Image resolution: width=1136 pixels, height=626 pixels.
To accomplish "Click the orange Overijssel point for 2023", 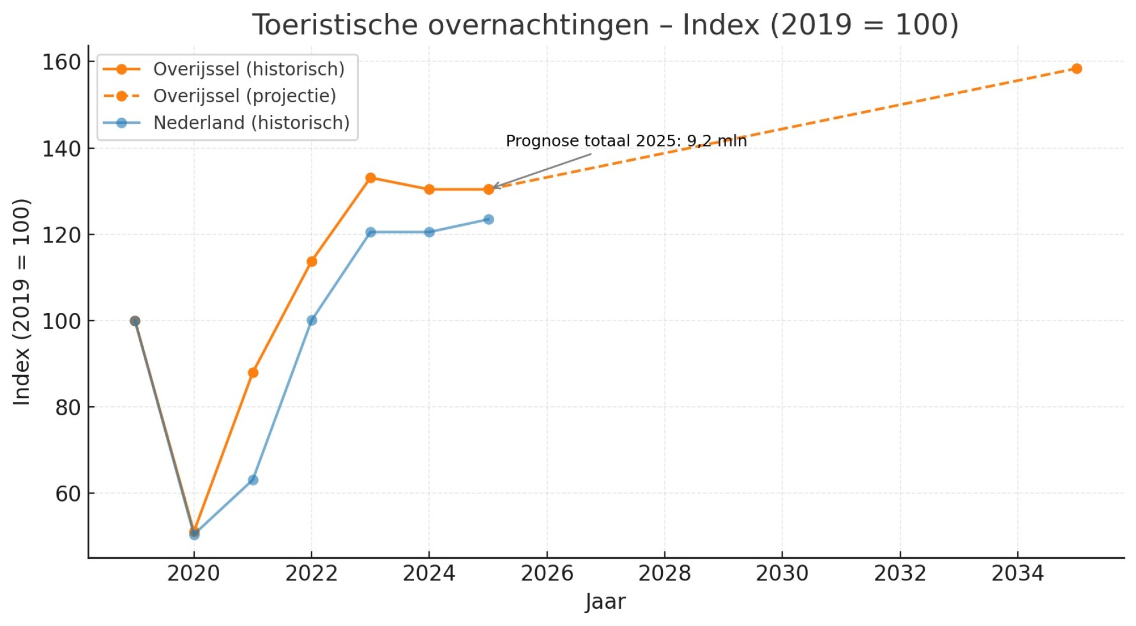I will coord(371,178).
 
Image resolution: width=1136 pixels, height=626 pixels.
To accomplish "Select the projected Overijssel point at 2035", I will coord(1077,69).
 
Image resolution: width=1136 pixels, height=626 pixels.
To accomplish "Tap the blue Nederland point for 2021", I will coord(253,479).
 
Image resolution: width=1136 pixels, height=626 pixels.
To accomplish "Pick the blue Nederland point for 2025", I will coord(488,219).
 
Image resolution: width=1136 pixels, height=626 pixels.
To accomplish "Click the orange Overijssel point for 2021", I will coord(253,372).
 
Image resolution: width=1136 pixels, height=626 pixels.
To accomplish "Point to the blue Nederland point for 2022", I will coord(312,320).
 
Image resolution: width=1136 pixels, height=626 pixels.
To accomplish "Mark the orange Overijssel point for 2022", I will coord(312,261).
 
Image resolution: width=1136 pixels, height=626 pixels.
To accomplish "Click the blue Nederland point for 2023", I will coord(371,232).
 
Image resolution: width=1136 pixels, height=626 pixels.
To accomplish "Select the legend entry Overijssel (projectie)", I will coord(245,96).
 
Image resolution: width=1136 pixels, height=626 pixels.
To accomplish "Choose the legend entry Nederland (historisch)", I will coord(251,123).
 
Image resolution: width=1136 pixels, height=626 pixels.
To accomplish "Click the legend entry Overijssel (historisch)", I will coord(248,69).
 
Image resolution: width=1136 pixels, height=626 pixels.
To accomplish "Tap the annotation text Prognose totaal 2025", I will coord(626,141).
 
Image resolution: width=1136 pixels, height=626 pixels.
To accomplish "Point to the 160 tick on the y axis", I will coord(62,62).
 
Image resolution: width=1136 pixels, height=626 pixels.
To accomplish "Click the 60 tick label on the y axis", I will coord(68,493).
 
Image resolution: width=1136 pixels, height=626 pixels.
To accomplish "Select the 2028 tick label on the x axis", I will coord(665,573).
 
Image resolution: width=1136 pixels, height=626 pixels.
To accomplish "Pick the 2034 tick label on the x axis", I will coord(1017,573).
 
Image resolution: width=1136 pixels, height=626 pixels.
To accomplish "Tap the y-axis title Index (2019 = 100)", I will coord(22,302).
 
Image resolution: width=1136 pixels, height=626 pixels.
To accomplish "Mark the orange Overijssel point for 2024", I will coord(429,189).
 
